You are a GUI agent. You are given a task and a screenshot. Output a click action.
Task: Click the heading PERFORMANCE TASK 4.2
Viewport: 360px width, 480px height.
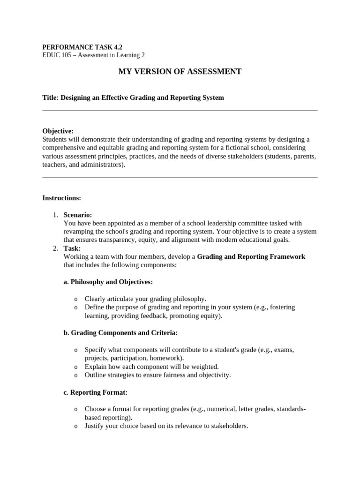[x=79, y=47]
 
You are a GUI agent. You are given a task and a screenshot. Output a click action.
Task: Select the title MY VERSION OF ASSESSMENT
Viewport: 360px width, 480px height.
[x=180, y=71]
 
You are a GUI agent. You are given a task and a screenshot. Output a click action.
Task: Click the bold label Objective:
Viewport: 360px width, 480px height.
[x=58, y=131]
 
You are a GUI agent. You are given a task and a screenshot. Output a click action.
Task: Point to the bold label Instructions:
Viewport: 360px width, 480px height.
[x=61, y=198]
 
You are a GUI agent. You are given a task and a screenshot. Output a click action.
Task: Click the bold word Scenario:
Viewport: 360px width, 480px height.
[x=78, y=215]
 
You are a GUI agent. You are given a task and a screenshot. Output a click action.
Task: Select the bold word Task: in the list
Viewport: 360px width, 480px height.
[x=72, y=248]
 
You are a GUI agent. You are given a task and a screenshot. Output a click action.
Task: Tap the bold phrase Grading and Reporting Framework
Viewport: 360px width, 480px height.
[x=251, y=256]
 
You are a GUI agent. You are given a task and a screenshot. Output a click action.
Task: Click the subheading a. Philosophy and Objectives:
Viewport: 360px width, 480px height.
[x=108, y=282]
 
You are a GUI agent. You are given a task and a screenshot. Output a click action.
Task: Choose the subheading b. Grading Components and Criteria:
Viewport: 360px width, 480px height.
[x=120, y=333]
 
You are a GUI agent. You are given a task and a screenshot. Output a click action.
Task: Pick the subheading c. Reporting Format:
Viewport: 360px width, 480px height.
[x=95, y=392]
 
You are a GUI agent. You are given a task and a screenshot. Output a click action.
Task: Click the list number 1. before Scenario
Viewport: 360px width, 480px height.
[x=55, y=215]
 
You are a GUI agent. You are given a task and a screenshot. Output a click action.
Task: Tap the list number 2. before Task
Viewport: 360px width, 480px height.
[x=55, y=248]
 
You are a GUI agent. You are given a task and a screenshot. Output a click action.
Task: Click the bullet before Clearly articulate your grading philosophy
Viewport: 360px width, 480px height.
[x=76, y=299]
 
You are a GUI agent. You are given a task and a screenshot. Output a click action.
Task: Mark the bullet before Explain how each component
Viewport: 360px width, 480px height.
[x=76, y=367]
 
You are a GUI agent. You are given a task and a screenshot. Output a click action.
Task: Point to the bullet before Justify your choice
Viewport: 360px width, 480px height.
[x=76, y=427]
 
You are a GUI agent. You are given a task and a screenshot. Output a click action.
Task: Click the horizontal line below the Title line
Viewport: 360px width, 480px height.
[x=180, y=111]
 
